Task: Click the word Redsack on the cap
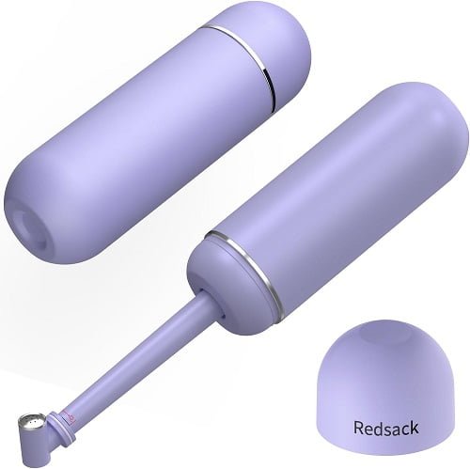point(385,428)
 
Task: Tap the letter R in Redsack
point(358,428)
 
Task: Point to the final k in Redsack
point(414,428)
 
